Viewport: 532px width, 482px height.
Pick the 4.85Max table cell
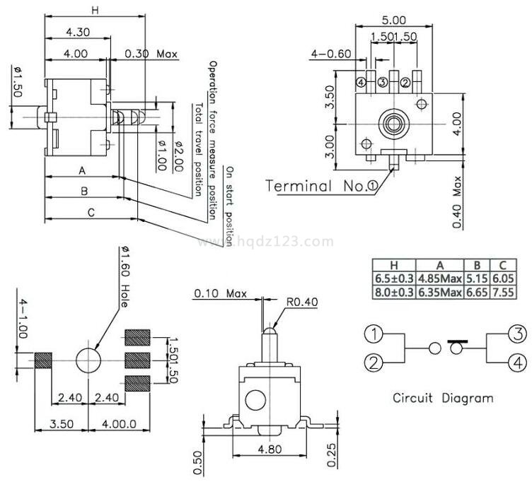(439, 279)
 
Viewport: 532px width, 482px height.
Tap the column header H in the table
(393, 265)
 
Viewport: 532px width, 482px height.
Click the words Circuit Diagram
(443, 398)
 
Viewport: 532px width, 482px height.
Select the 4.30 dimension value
(79, 33)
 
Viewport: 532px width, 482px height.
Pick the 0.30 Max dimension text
(151, 54)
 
